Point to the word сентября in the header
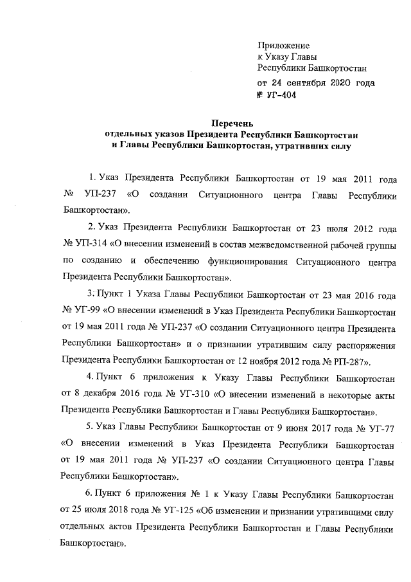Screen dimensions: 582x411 click(x=299, y=83)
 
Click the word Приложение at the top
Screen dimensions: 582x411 click(x=283, y=46)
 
